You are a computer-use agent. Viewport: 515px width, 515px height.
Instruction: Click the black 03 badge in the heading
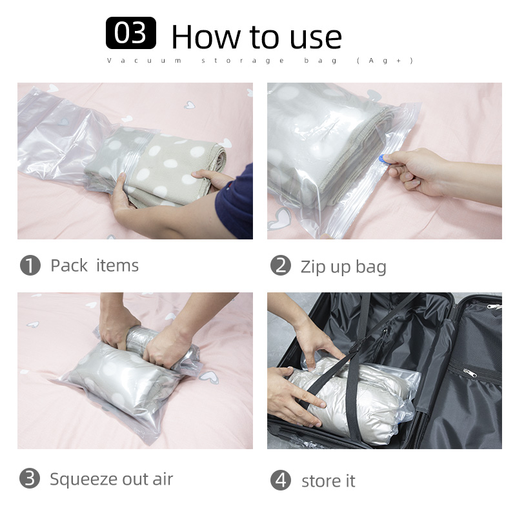(131, 33)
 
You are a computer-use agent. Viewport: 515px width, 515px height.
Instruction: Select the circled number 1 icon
(30, 265)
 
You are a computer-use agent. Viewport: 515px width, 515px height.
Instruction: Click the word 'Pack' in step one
(69, 265)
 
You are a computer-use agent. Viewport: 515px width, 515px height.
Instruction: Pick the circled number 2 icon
(281, 265)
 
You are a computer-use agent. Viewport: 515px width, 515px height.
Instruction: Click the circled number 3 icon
(30, 478)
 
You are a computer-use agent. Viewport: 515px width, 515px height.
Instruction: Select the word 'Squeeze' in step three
(84, 480)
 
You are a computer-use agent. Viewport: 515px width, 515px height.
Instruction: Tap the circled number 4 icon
(281, 480)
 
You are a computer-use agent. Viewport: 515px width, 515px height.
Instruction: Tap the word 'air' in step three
(163, 480)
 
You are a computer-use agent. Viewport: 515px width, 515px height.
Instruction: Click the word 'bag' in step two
(371, 267)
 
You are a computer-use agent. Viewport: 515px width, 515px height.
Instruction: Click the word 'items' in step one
(117, 265)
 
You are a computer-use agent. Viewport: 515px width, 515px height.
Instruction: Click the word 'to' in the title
(265, 38)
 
